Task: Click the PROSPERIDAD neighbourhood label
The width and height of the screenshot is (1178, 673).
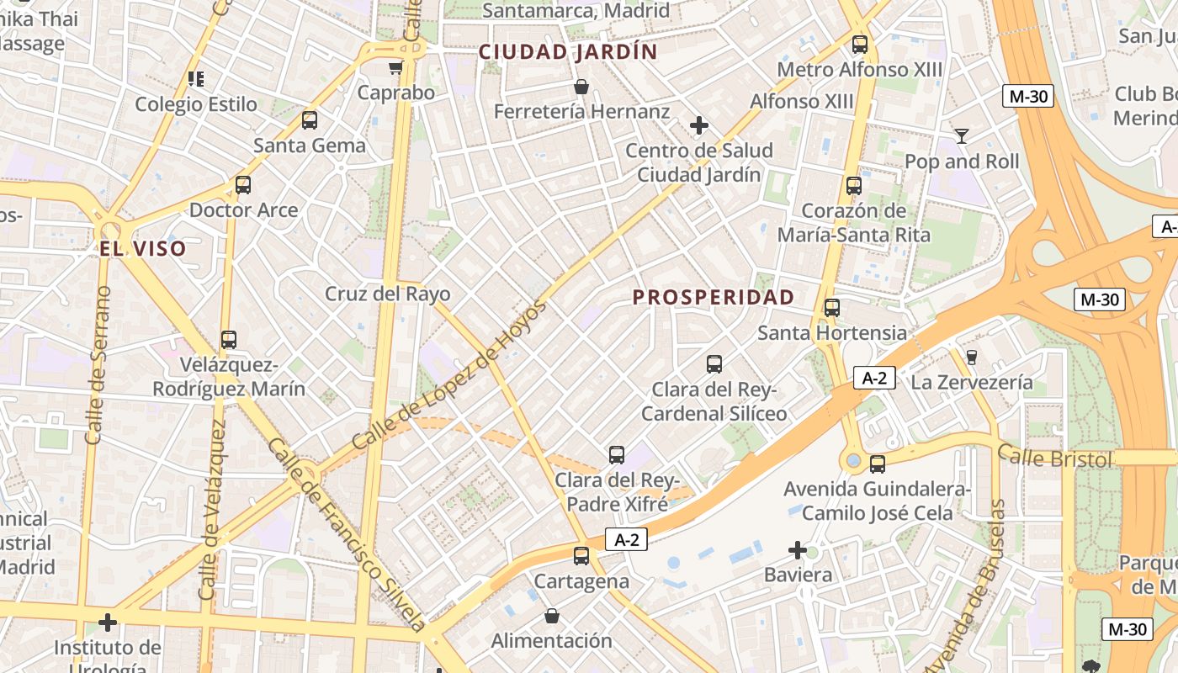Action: click(713, 297)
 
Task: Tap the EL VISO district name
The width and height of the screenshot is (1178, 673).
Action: click(142, 249)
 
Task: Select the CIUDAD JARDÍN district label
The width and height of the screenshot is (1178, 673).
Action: click(568, 52)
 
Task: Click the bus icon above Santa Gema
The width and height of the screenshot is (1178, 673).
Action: click(310, 120)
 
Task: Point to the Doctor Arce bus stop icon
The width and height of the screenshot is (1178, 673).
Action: click(243, 184)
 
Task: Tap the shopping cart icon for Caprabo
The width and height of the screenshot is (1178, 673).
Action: click(395, 67)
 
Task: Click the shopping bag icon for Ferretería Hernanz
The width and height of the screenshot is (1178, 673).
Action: click(581, 87)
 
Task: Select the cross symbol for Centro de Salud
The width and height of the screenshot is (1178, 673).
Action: click(698, 125)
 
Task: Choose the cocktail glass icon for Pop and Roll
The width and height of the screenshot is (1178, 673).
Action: click(961, 135)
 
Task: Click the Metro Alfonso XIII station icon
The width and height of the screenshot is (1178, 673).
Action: click(859, 45)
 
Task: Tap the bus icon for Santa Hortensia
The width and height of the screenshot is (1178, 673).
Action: click(831, 308)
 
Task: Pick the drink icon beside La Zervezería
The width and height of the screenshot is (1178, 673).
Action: click(971, 358)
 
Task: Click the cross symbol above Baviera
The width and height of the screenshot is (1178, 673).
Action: click(797, 551)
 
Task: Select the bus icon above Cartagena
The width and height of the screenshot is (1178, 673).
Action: click(581, 555)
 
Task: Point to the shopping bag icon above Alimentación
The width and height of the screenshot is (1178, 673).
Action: click(551, 616)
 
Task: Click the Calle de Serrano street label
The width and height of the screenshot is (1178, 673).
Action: click(98, 365)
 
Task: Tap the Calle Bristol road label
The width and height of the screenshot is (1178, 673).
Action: click(1054, 458)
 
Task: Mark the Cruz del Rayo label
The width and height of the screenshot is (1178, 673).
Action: click(388, 294)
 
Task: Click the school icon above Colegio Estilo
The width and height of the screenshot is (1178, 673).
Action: click(196, 79)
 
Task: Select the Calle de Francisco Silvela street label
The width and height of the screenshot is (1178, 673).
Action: click(347, 535)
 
